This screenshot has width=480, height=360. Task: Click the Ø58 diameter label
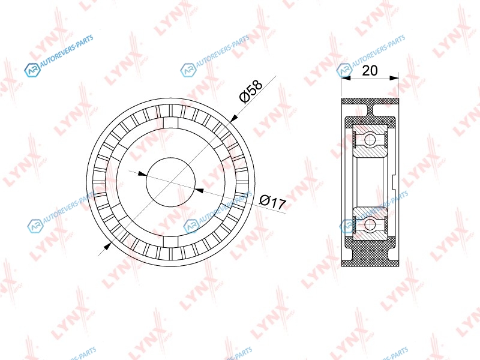click(251, 92)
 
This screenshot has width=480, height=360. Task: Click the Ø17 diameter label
click(272, 202)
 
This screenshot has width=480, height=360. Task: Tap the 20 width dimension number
click(370, 70)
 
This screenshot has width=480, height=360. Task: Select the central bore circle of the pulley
click(171, 182)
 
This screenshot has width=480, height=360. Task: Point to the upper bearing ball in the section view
click(370, 140)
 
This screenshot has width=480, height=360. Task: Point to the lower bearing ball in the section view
click(370, 223)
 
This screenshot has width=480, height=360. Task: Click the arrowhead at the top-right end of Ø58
click(234, 118)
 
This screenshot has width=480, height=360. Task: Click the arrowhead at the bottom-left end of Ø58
click(107, 246)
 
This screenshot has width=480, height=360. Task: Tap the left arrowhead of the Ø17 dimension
click(142, 174)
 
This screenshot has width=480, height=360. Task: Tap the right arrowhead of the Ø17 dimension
click(199, 190)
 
